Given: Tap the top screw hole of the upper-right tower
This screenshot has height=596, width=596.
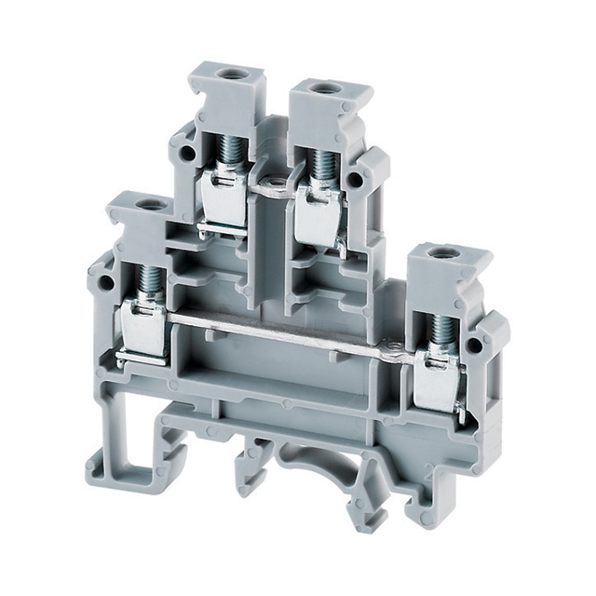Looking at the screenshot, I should tap(324, 89).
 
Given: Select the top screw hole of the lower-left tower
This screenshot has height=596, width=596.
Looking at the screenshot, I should tap(145, 202).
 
